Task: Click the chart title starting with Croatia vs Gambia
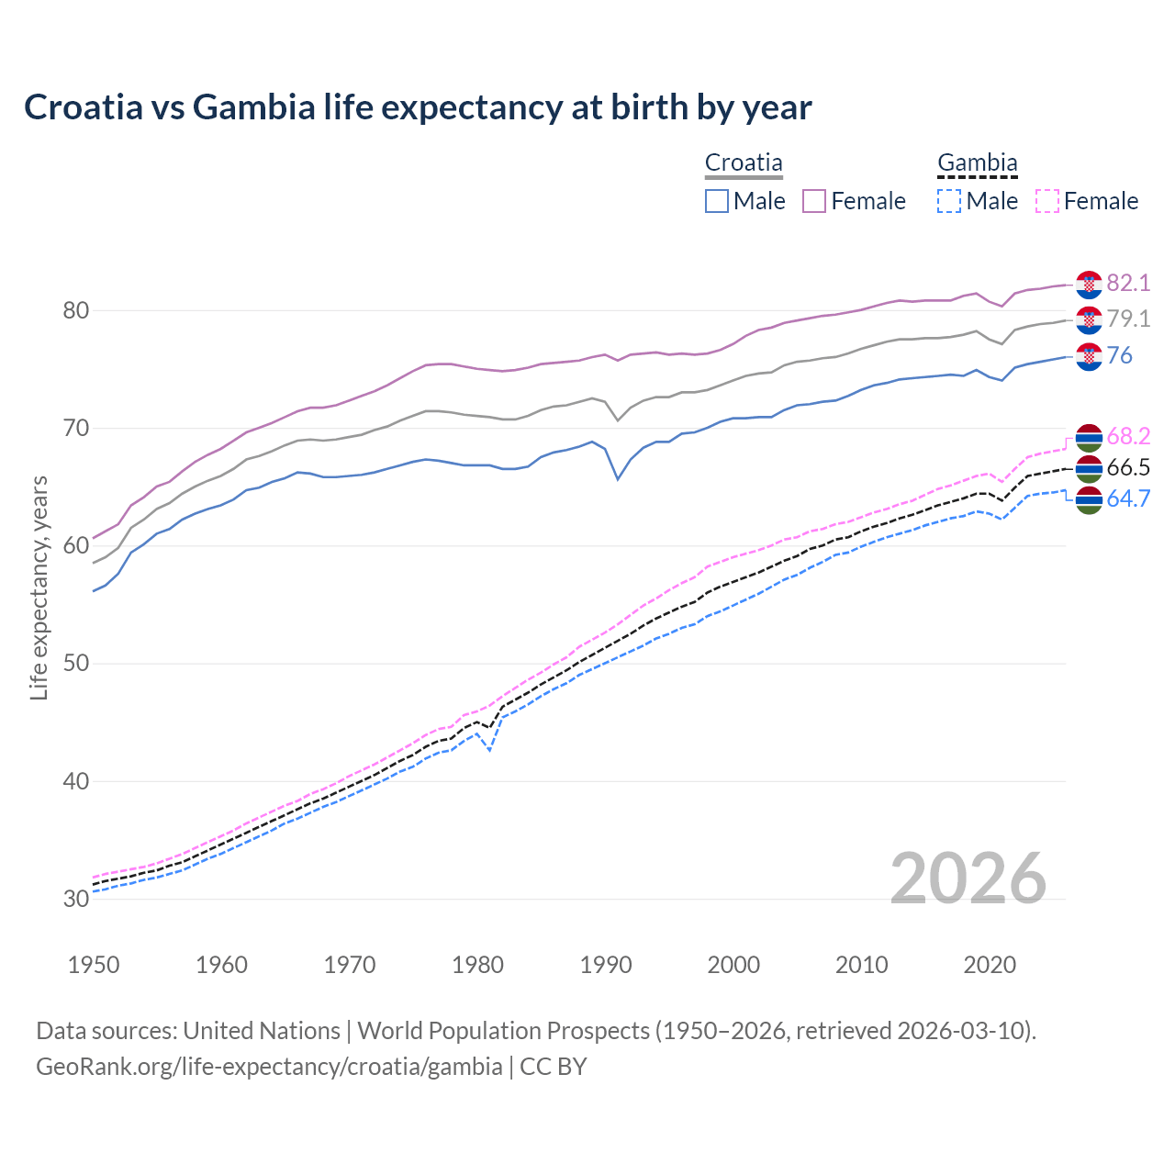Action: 418,107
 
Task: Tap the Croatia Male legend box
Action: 717,201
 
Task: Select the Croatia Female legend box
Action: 814,201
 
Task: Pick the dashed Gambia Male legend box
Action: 949,201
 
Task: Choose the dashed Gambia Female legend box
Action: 1047,201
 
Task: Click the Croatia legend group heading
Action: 744,163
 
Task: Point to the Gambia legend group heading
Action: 977,163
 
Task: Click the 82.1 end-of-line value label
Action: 1128,283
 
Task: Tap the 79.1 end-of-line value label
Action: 1128,319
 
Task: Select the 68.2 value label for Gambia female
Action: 1128,436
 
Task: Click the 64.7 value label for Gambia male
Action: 1128,498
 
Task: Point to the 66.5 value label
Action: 1128,467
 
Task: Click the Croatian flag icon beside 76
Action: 1089,356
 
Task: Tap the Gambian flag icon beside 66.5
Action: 1089,468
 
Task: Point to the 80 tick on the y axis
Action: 75,310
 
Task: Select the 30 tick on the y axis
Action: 75,899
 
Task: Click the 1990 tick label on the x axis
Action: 606,965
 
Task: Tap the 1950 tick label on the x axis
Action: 94,965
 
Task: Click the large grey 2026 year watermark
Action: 968,878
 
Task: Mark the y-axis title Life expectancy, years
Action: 39,587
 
